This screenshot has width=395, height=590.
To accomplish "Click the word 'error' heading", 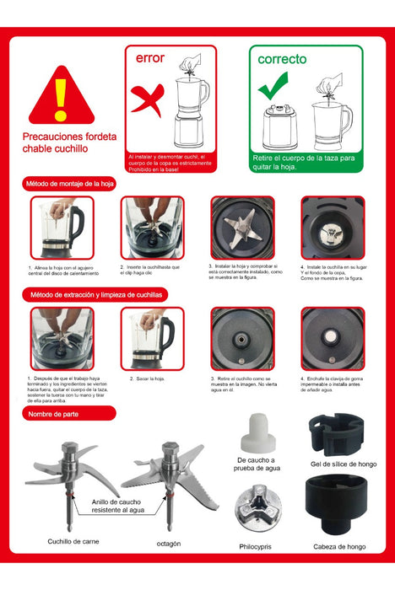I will point(150,58).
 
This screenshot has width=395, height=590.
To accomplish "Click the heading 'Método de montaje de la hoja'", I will point(78,184).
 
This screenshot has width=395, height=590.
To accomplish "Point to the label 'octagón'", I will point(168,544).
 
